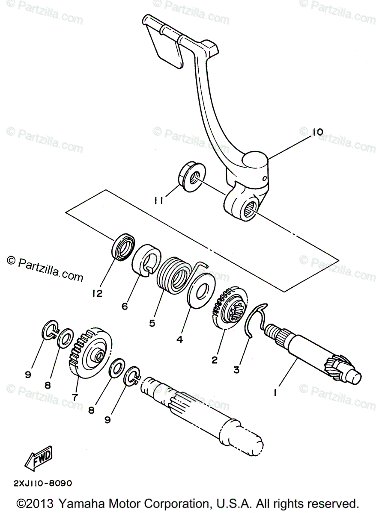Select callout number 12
click(98, 294)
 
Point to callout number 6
click(125, 306)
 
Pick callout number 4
click(179, 339)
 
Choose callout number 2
click(214, 360)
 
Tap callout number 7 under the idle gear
click(75, 397)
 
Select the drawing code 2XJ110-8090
click(42, 484)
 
